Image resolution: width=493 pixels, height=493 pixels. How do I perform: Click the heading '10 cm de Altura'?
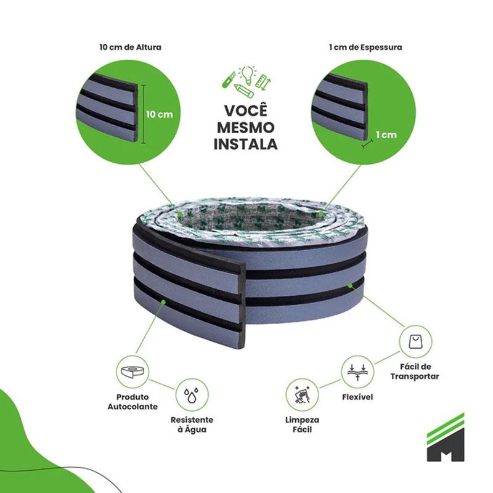131,47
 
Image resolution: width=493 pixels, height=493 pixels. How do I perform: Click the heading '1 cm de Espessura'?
365,47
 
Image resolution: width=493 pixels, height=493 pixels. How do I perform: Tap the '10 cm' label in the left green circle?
160,114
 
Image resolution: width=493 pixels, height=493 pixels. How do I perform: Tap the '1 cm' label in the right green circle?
386,134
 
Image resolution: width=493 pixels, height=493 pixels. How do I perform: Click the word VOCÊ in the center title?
245,111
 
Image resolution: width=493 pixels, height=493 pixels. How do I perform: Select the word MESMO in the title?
245,128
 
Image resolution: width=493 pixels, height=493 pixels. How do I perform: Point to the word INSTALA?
245,144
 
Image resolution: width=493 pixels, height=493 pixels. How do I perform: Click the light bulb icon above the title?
247,75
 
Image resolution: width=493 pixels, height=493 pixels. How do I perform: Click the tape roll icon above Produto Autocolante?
132,372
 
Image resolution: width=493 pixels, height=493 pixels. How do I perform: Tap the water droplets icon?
191,395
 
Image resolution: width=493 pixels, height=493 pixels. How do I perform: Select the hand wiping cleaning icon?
302,395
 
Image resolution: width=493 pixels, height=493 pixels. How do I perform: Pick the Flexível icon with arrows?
357,372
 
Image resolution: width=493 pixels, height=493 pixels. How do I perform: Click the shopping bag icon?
415,341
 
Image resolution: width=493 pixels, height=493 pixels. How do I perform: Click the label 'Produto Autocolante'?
132,402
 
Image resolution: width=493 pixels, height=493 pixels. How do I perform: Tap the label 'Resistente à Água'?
192,425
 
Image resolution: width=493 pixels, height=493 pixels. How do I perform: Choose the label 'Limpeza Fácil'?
302,425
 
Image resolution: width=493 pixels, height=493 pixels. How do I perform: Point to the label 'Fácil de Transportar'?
415,372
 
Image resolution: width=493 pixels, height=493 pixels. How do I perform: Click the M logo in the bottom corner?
445,438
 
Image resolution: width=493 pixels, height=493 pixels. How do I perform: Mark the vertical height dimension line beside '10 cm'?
144,114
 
